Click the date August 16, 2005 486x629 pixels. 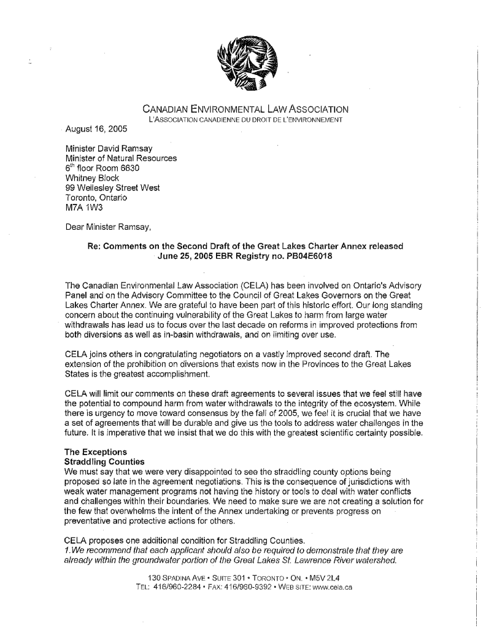(96, 130)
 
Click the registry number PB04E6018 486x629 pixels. (298, 256)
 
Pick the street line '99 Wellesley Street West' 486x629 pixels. (113, 189)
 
